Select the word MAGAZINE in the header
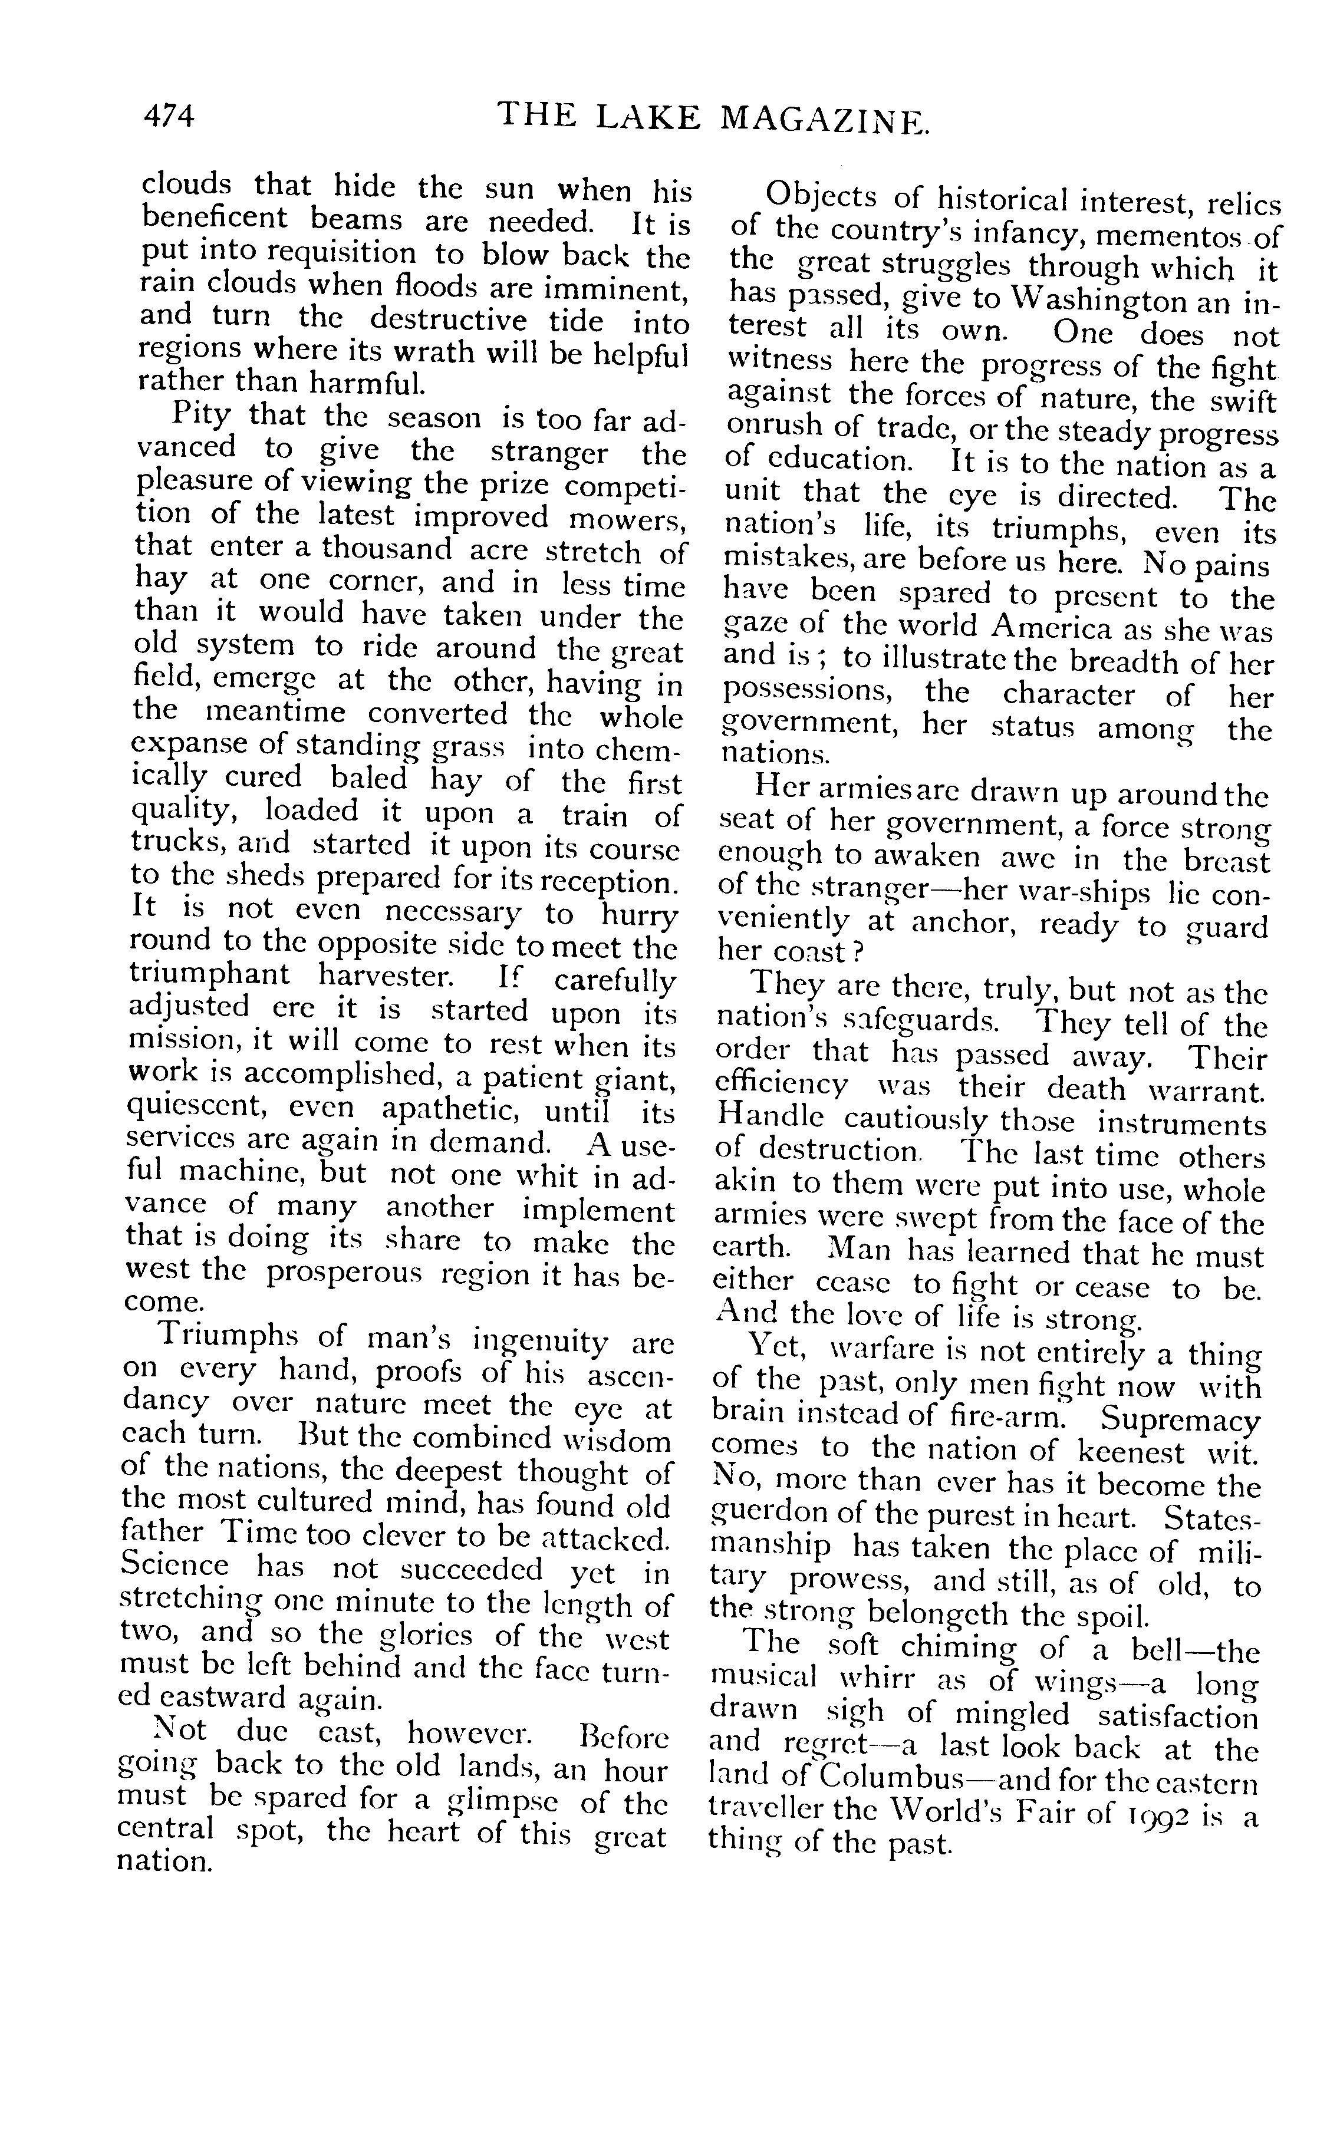click(823, 119)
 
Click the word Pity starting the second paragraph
click(203, 414)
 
